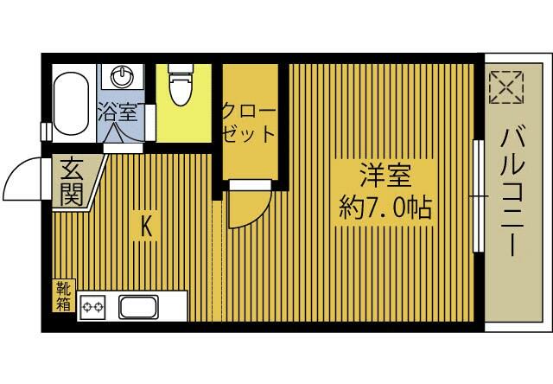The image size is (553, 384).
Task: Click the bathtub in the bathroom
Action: click(x=71, y=104)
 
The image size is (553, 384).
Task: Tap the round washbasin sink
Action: click(x=122, y=77)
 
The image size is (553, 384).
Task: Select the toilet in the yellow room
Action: click(x=181, y=85)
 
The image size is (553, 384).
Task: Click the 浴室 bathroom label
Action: click(x=118, y=112)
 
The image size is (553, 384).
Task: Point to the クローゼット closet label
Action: click(x=248, y=123)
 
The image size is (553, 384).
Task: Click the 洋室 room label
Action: click(x=385, y=176)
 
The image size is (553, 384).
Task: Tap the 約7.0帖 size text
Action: click(x=385, y=208)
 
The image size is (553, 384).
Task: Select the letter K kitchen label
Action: click(x=146, y=227)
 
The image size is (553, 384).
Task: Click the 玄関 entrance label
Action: click(x=72, y=182)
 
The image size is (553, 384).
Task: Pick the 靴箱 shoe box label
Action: click(x=64, y=297)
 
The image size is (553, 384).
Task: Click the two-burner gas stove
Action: click(x=92, y=307)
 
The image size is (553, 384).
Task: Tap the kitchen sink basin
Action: click(x=138, y=307)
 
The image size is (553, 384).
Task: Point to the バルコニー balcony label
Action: click(x=512, y=193)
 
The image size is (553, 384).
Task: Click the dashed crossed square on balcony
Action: click(x=506, y=87)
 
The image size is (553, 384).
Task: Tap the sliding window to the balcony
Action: click(x=478, y=195)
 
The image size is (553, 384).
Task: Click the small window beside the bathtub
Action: click(x=46, y=131)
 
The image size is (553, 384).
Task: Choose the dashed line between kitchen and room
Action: click(x=213, y=261)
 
